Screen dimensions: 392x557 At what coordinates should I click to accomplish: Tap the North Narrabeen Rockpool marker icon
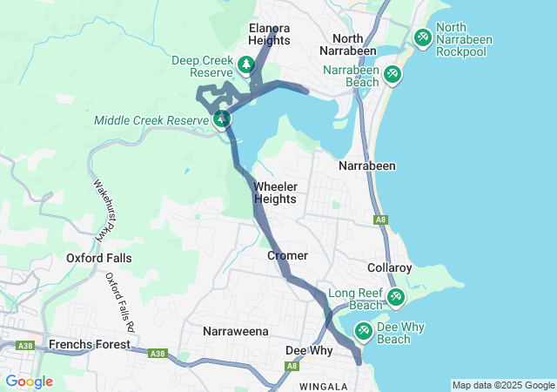click(422, 37)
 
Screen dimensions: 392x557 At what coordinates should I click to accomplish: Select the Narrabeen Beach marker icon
click(393, 74)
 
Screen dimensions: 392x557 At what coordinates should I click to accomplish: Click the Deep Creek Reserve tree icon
click(246, 64)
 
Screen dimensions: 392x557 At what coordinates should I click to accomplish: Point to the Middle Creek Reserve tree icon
click(222, 118)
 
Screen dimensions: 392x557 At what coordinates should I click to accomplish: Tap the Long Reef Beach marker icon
click(396, 299)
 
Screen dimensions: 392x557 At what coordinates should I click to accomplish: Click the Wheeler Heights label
click(275, 193)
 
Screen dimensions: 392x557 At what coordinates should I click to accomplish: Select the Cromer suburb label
click(287, 255)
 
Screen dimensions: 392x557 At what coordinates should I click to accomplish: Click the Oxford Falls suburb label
click(95, 258)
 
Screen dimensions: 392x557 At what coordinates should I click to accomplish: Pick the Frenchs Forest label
click(90, 344)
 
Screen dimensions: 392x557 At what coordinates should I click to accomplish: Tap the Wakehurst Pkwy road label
click(104, 209)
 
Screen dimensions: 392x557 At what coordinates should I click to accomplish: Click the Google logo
click(29, 382)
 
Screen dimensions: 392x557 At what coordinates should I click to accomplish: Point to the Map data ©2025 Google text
click(502, 385)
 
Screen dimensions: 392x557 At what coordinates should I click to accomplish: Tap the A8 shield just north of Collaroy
click(379, 220)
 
